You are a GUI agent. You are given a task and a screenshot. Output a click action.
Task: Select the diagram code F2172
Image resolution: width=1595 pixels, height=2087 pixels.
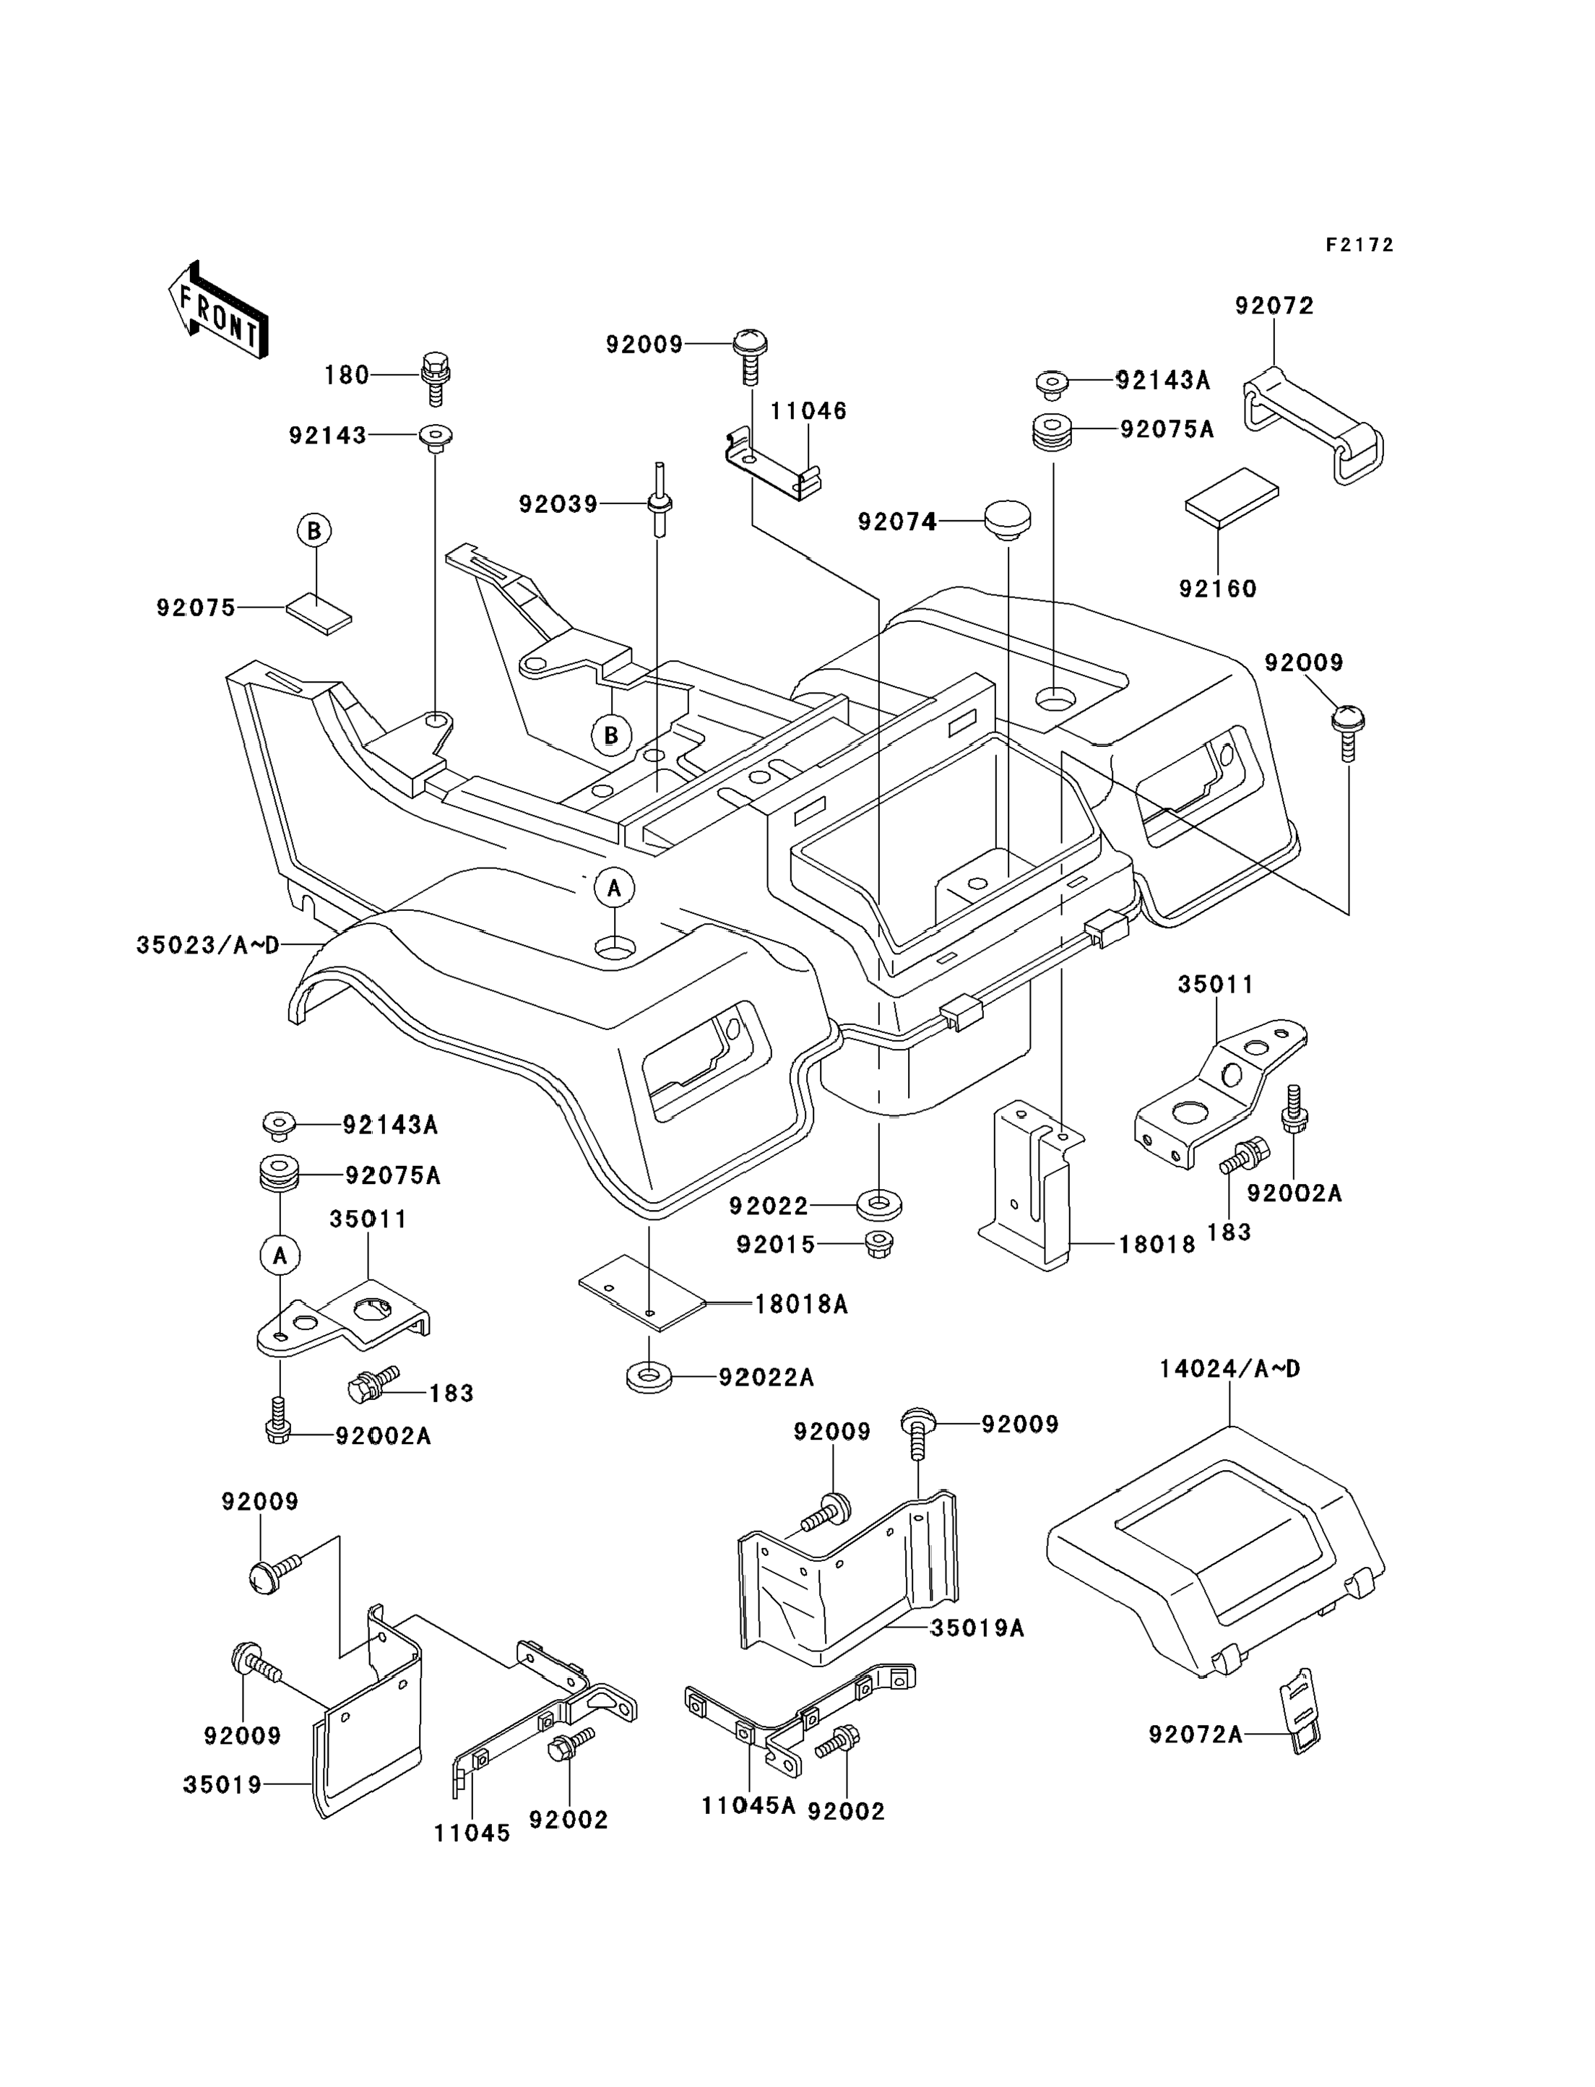tap(1360, 245)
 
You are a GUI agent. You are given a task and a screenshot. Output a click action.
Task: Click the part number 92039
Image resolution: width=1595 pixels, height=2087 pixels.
tap(558, 504)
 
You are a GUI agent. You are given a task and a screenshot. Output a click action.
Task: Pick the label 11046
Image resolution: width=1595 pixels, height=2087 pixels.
tap(808, 411)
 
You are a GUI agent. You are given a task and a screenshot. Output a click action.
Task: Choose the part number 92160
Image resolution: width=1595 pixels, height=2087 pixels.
tap(1217, 589)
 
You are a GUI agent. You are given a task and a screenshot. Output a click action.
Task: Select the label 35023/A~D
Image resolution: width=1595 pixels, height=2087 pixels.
tap(208, 945)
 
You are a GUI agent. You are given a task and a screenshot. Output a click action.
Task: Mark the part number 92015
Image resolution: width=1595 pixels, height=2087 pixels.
tap(776, 1245)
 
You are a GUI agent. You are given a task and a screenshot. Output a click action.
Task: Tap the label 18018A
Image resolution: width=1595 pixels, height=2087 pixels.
tap(801, 1305)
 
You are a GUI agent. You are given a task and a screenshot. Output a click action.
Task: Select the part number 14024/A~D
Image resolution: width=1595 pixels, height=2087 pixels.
tap(1229, 1369)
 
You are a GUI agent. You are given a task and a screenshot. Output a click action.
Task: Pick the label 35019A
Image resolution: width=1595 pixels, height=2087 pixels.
tap(977, 1628)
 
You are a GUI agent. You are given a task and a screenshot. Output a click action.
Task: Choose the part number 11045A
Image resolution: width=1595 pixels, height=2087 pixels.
tap(748, 1806)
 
